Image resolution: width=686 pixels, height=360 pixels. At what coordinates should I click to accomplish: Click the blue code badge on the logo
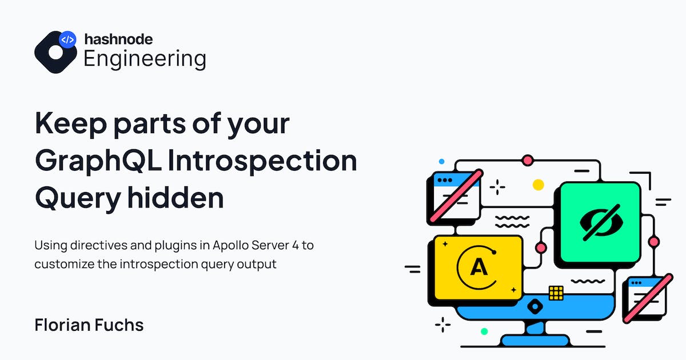(67, 39)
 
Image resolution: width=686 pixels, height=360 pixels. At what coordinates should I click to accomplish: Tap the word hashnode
(118, 39)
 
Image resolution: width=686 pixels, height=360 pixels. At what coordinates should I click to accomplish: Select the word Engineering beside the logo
(145, 59)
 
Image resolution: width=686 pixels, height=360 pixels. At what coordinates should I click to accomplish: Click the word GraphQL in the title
(98, 161)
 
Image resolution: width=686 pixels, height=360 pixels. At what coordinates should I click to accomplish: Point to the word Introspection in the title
(262, 161)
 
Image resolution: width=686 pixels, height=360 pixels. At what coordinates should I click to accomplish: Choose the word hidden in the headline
(176, 198)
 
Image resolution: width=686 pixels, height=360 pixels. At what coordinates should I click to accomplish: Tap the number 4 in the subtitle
(295, 246)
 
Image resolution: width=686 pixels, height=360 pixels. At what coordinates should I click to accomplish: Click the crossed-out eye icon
(601, 222)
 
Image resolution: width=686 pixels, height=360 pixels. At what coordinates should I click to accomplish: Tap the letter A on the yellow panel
(478, 267)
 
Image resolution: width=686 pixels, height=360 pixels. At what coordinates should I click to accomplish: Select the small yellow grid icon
(556, 293)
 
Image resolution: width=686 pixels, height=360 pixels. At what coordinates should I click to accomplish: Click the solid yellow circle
(538, 185)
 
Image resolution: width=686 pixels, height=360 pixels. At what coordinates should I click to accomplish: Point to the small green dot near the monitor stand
(484, 331)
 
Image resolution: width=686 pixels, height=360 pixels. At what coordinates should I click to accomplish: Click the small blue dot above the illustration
(441, 161)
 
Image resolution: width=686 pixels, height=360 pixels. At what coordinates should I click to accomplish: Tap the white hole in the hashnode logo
(55, 53)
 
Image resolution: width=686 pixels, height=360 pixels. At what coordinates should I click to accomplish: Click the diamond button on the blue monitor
(535, 306)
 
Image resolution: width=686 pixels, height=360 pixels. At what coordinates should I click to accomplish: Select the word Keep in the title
(71, 123)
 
